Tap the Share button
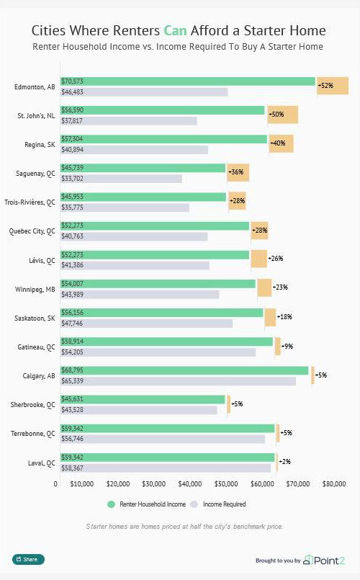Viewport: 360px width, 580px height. pyautogui.click(x=28, y=559)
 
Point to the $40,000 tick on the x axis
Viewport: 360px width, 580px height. pyautogui.click(x=190, y=484)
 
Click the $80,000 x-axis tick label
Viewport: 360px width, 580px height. pyautogui.click(x=334, y=484)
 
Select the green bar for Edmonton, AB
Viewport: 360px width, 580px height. pyautogui.click(x=187, y=81)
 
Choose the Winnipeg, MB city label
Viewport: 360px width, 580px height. pyautogui.click(x=35, y=289)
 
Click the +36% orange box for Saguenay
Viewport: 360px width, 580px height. pyautogui.click(x=238, y=172)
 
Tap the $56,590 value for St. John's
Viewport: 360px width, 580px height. pyautogui.click(x=73, y=110)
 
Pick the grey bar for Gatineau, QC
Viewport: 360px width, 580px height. pyautogui.click(x=158, y=352)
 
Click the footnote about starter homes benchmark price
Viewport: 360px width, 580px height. pyautogui.click(x=184, y=527)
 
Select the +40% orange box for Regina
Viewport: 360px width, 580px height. pyautogui.click(x=280, y=143)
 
